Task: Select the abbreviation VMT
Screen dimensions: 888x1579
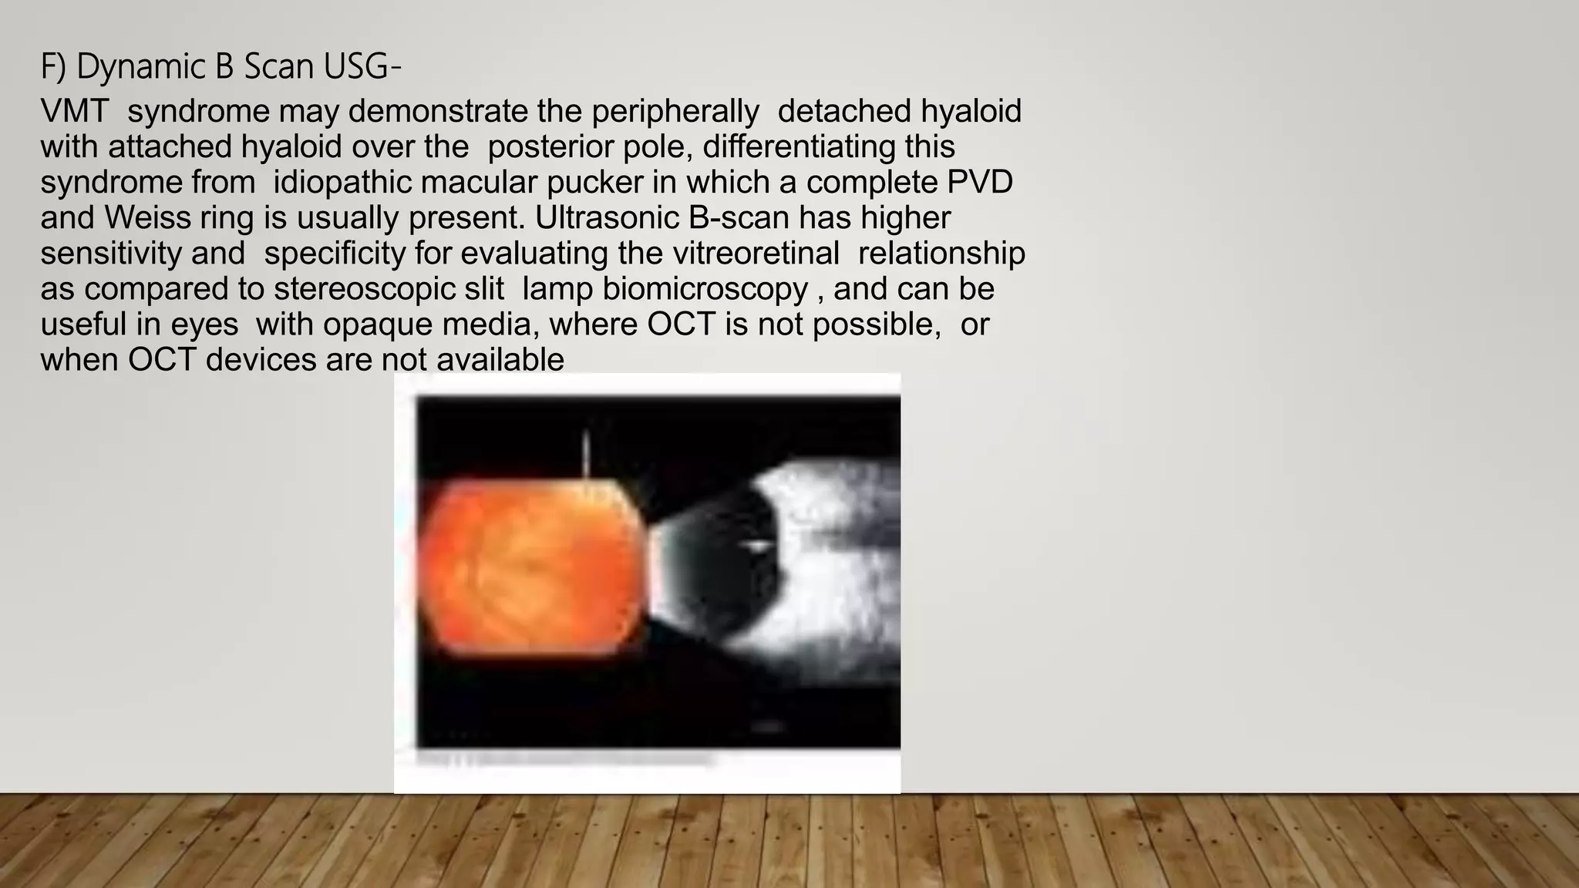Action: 74,112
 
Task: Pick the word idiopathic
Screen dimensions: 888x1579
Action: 342,183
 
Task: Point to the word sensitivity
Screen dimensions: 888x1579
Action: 110,254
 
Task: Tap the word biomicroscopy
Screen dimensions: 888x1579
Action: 705,289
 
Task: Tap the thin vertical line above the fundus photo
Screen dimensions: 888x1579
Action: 587,455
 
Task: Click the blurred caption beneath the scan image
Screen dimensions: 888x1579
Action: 563,759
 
